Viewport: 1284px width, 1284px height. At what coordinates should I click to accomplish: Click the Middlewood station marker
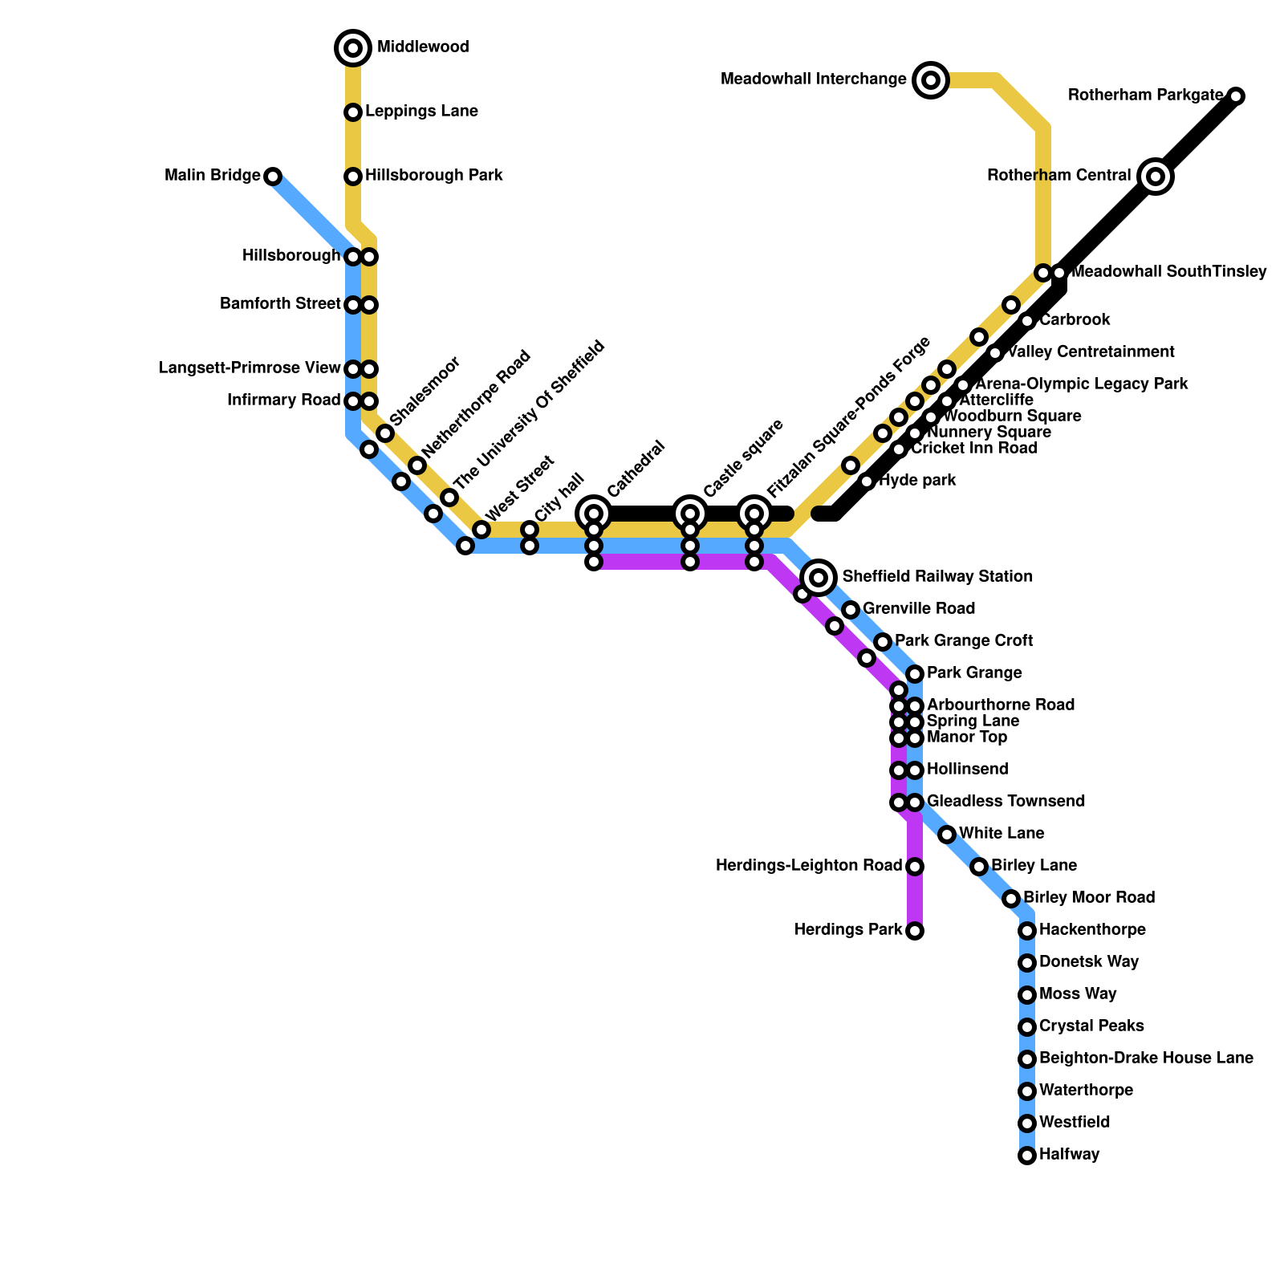click(x=353, y=48)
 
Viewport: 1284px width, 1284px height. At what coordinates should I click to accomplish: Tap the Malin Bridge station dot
click(x=273, y=177)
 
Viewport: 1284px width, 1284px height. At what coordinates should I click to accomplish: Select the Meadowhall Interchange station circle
click(x=931, y=79)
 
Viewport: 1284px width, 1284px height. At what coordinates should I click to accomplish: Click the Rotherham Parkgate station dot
click(x=1236, y=96)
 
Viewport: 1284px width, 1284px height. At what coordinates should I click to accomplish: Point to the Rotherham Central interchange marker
click(x=1156, y=177)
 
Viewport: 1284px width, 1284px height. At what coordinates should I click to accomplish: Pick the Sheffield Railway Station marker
click(x=819, y=577)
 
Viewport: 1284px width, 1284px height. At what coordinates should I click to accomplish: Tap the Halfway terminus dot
click(x=1027, y=1156)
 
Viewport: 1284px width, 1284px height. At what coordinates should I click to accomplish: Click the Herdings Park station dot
click(x=915, y=931)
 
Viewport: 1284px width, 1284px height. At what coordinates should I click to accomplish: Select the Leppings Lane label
click(x=421, y=112)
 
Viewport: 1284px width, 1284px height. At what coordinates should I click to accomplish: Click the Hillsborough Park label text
click(x=433, y=176)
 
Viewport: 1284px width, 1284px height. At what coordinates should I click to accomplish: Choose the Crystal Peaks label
click(x=1091, y=1026)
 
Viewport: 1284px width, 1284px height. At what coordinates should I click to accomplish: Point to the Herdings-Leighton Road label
click(x=809, y=866)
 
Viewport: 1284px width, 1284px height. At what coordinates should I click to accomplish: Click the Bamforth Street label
click(x=281, y=305)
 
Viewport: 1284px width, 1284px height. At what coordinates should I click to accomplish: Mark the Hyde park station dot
click(x=867, y=481)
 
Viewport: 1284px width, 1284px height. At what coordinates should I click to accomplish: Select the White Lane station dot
click(x=947, y=835)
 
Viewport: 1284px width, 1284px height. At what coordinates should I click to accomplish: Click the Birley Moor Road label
click(x=1088, y=898)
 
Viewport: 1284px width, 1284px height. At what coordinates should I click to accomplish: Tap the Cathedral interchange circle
click(x=594, y=514)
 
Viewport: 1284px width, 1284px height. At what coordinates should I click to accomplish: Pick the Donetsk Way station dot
click(x=1027, y=963)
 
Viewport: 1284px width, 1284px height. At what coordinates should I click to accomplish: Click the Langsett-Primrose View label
click(x=250, y=369)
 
